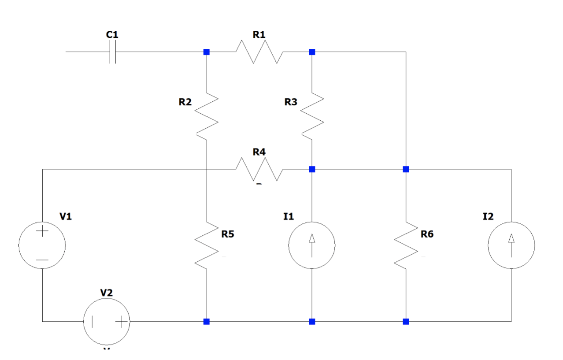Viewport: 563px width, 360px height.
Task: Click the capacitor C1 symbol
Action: [112, 52]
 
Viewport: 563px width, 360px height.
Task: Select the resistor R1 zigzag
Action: [259, 52]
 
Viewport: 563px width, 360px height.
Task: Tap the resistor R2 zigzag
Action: [206, 114]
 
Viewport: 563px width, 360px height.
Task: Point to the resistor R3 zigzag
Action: [312, 114]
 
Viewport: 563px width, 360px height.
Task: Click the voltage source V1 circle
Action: [42, 245]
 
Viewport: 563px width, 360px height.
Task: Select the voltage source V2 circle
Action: [107, 321]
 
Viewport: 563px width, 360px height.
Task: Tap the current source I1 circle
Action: [312, 245]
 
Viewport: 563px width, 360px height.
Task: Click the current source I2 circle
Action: [511, 245]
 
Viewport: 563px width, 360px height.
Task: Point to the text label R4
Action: [259, 152]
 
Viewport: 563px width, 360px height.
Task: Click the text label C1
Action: [112, 34]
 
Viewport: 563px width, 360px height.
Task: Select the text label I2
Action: [488, 216]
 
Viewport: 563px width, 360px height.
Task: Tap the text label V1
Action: [66, 216]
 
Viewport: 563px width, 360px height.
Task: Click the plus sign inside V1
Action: [42, 231]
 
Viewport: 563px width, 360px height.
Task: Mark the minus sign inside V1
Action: [42, 260]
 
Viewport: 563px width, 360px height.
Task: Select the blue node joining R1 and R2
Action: [206, 52]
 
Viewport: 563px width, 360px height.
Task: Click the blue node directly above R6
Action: [406, 169]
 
